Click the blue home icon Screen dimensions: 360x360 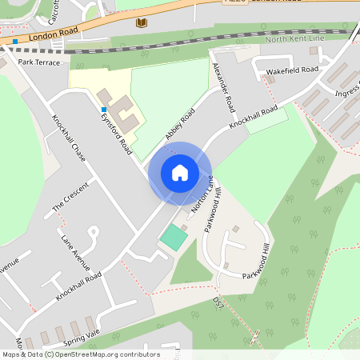(180, 172)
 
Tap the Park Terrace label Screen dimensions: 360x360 (38, 62)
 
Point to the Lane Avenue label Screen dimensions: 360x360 (75, 252)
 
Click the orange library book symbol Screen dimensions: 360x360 (142, 23)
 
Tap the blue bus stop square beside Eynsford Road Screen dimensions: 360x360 (103, 110)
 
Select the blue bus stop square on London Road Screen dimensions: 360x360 (14, 41)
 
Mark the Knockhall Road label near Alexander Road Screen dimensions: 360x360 (253, 118)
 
